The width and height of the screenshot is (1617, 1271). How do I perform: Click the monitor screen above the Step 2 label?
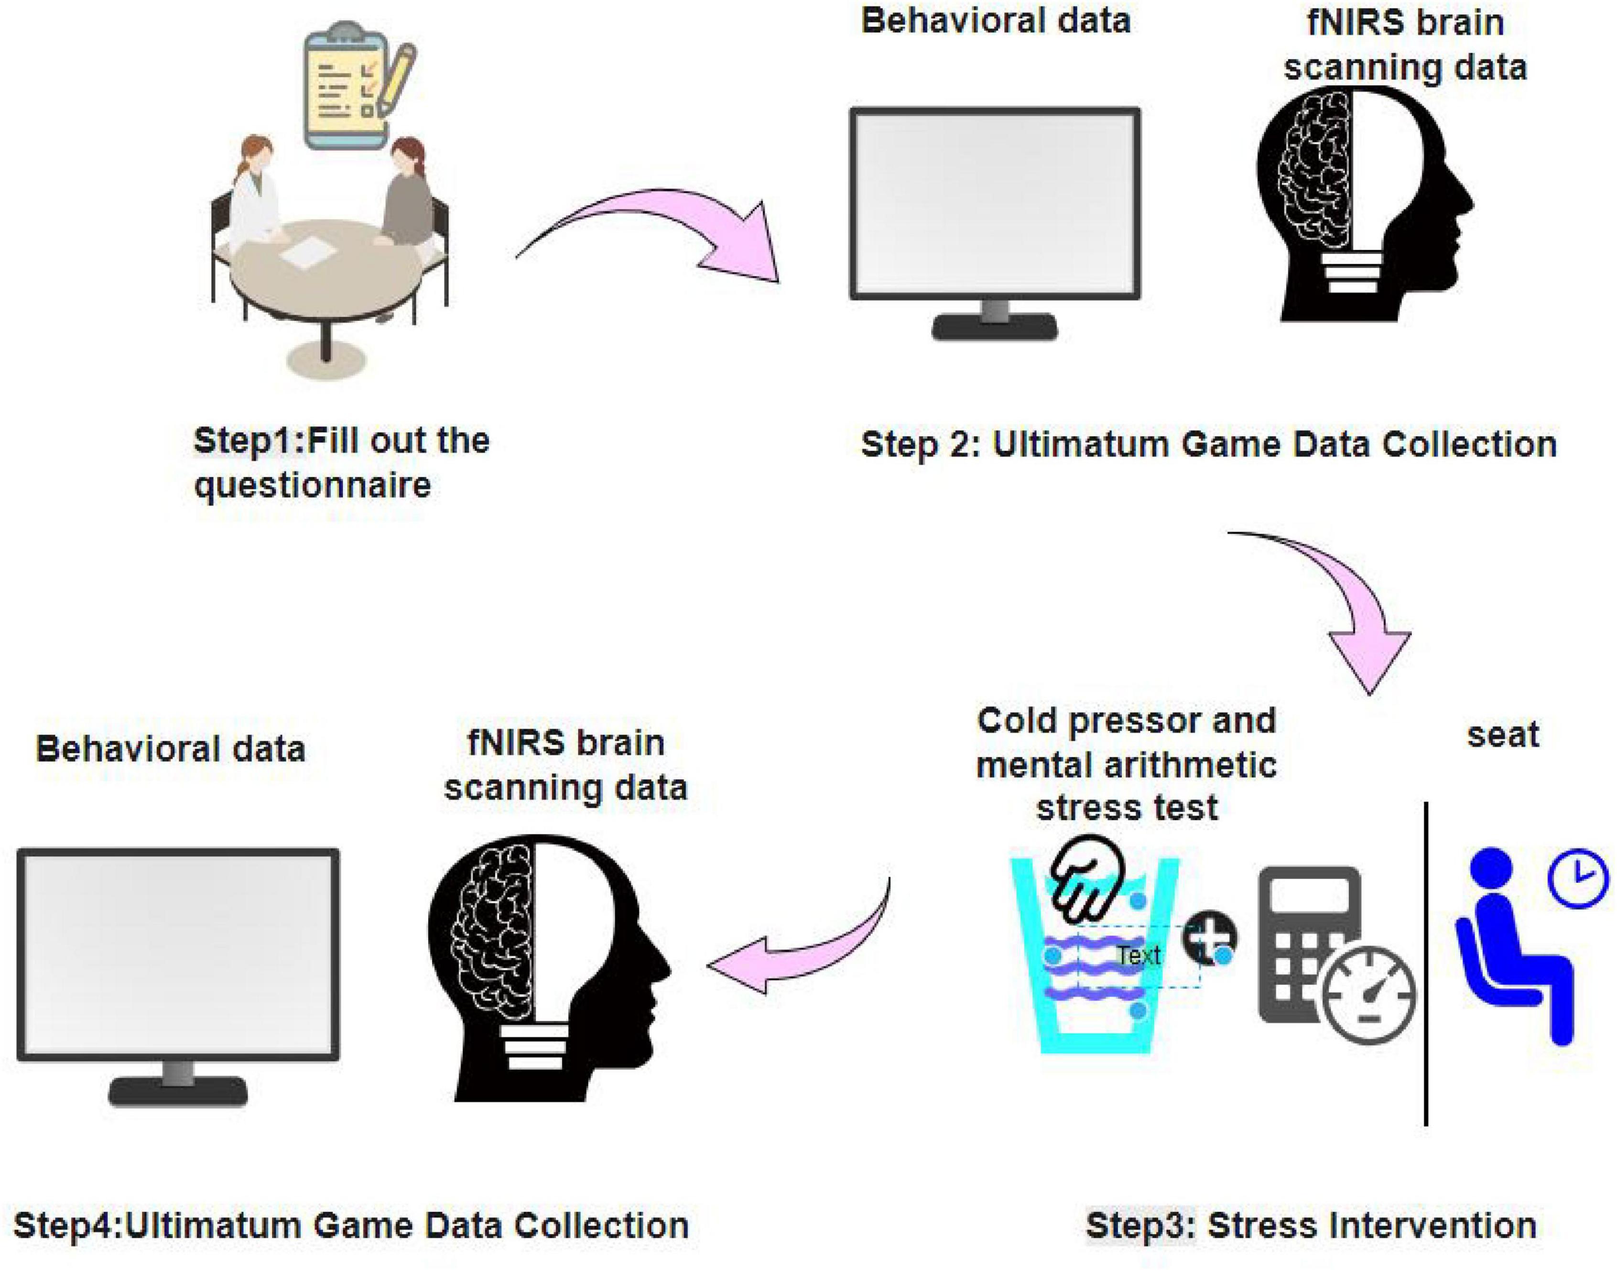coord(995,202)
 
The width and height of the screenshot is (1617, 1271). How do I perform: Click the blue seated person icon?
coord(1510,945)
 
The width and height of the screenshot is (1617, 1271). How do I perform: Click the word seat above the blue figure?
coord(1502,735)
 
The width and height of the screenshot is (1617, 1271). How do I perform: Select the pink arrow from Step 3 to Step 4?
coord(803,953)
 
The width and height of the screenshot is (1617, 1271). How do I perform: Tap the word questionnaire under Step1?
coord(313,486)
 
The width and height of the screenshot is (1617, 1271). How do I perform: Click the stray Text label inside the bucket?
coord(1139,955)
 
